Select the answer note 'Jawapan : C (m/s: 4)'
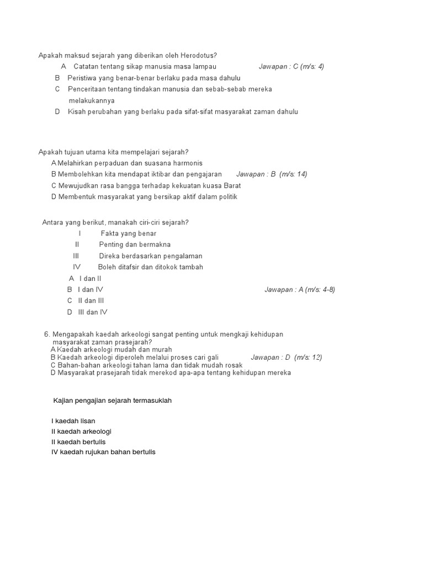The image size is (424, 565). click(291, 67)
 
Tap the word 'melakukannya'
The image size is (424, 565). click(92, 100)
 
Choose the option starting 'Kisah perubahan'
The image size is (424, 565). click(183, 111)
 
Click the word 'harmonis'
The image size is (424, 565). click(187, 163)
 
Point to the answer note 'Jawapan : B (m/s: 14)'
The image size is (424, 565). click(272, 174)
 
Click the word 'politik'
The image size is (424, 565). click(227, 197)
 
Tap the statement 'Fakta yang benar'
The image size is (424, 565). click(129, 233)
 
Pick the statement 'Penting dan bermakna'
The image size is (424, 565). click(135, 244)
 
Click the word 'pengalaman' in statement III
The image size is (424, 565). click(184, 256)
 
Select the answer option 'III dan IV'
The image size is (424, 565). click(93, 312)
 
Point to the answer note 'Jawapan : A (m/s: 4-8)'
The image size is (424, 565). click(300, 290)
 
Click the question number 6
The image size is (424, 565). click(47, 334)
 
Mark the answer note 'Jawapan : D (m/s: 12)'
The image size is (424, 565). click(286, 358)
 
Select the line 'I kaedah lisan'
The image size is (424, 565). click(73, 421)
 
